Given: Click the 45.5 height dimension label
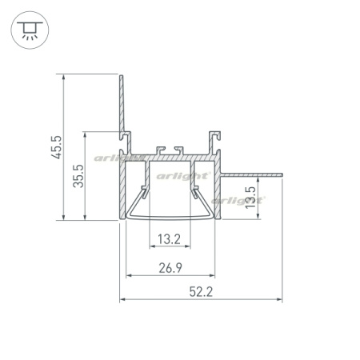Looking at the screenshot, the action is point(57,147).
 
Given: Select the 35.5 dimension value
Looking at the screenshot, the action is point(78,176).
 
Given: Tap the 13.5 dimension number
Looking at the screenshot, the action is point(250,198).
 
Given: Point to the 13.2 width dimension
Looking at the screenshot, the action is point(169,239).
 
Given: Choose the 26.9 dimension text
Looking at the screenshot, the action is point(170,268).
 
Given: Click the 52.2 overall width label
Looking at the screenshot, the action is point(201,291).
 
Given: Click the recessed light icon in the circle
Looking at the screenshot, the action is point(30,30).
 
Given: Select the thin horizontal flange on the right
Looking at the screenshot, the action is point(251,175).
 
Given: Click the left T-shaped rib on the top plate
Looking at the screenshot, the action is point(160,150).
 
